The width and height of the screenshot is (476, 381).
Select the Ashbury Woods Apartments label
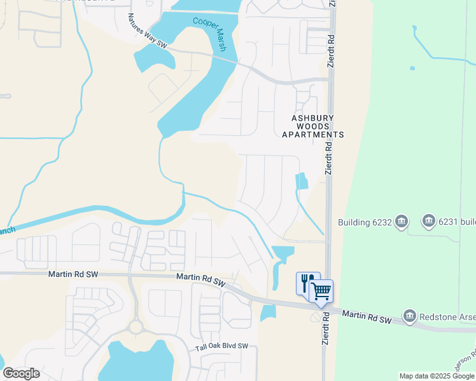click(317, 126)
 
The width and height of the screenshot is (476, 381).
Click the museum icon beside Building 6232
click(402, 222)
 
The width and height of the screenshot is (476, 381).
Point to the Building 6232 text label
click(363, 222)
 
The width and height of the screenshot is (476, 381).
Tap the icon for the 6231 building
click(428, 222)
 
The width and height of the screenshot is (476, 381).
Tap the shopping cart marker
click(322, 291)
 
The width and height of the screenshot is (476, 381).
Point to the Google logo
click(21, 373)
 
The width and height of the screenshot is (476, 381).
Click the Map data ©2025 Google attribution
click(437, 376)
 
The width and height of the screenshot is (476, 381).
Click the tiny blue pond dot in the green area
click(412, 68)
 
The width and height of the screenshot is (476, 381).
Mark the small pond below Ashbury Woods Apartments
click(301, 182)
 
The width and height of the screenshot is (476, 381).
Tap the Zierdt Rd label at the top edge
click(332, 38)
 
